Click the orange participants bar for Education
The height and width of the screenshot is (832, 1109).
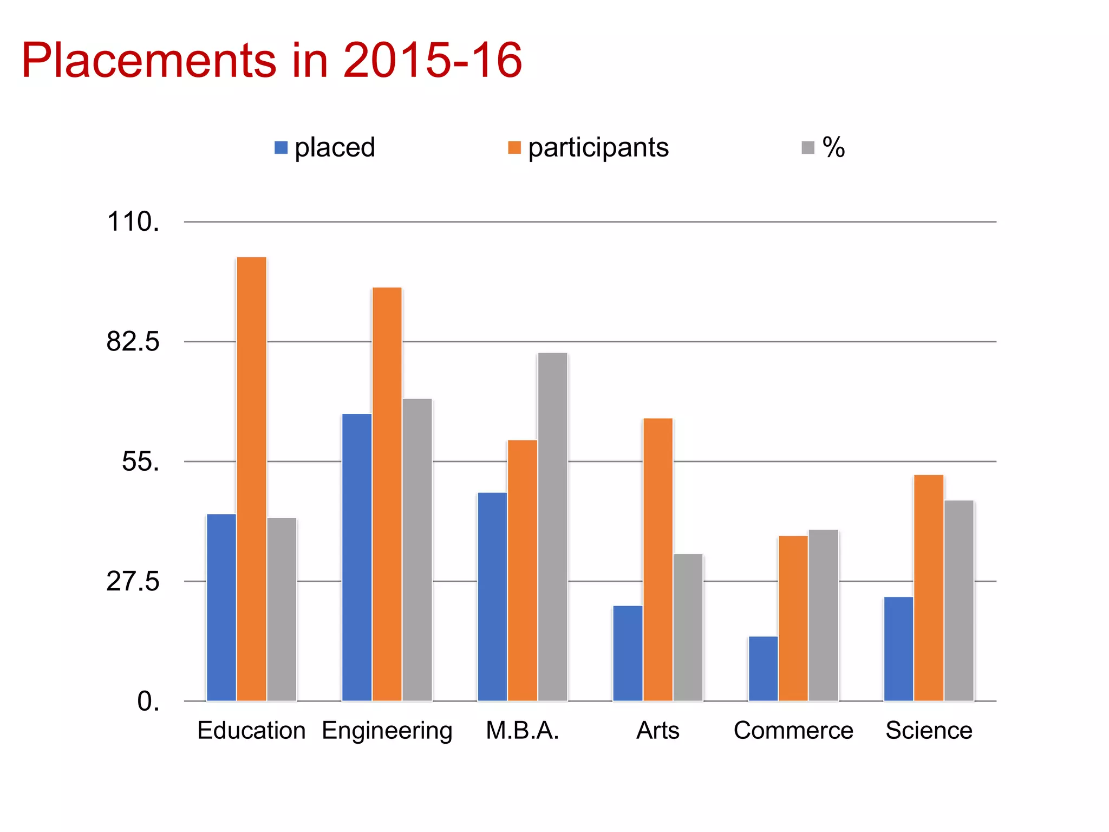pyautogui.click(x=251, y=479)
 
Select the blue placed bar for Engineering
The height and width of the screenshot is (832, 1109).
pyautogui.click(x=356, y=557)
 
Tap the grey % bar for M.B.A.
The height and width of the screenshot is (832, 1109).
pyautogui.click(x=552, y=526)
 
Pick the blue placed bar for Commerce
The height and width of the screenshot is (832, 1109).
pyautogui.click(x=763, y=668)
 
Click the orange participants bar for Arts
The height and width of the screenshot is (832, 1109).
pyautogui.click(x=658, y=560)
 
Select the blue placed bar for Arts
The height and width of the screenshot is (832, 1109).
pyautogui.click(x=628, y=653)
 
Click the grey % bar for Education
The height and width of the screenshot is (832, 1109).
pyautogui.click(x=282, y=609)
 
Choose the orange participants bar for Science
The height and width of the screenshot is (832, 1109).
pyautogui.click(x=928, y=588)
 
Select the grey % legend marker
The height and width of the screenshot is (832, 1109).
pyautogui.click(x=808, y=148)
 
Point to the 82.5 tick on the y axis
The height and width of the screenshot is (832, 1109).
pyautogui.click(x=133, y=342)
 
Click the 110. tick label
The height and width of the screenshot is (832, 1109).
pyautogui.click(x=133, y=222)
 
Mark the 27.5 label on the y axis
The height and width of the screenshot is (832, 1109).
pyautogui.click(x=133, y=581)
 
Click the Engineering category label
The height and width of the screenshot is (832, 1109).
pyautogui.click(x=387, y=731)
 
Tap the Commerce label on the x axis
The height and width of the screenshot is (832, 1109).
pyautogui.click(x=793, y=731)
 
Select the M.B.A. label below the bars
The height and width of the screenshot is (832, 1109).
pyautogui.click(x=522, y=731)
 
